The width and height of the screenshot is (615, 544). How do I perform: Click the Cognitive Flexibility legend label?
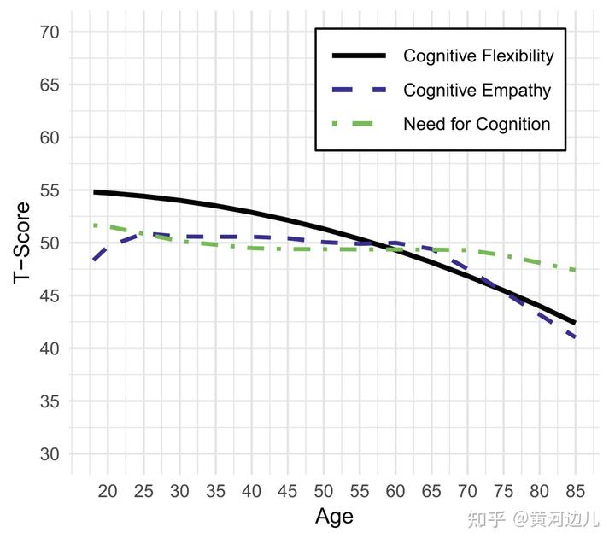tap(478, 56)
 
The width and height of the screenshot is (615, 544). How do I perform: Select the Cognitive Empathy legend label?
tap(477, 90)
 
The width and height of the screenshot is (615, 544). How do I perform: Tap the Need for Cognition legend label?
tap(477, 124)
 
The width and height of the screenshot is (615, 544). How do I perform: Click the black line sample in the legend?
tap(360, 56)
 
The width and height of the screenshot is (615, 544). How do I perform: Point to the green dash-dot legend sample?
tap(360, 124)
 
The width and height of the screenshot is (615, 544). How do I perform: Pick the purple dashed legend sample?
tap(360, 90)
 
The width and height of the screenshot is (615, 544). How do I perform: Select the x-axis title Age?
tap(334, 516)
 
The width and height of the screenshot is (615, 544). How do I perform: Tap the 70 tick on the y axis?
tap(50, 32)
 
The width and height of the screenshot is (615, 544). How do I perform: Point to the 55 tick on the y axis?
tap(50, 190)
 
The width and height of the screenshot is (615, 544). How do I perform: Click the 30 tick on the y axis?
tap(50, 454)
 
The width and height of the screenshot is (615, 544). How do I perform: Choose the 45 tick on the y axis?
tap(50, 295)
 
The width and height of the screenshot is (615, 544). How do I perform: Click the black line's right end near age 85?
tap(575, 323)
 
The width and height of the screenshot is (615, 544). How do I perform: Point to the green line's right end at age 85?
tap(575, 270)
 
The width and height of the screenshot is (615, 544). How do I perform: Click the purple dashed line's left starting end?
tap(94, 259)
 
